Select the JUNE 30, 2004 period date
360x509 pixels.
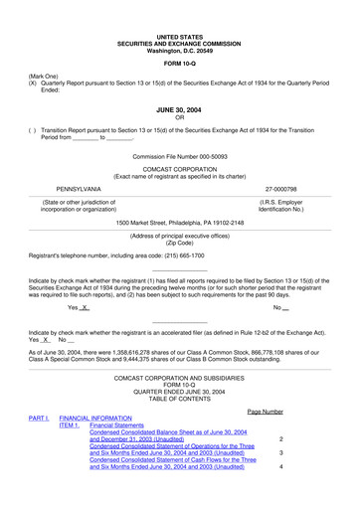[179, 112]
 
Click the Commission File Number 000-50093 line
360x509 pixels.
[180, 157]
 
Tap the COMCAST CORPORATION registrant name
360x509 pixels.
[179, 169]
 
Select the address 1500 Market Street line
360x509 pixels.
[179, 223]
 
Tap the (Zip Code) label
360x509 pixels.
[179, 243]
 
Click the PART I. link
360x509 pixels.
[38, 419]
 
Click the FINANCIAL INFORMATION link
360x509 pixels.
[95, 419]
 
